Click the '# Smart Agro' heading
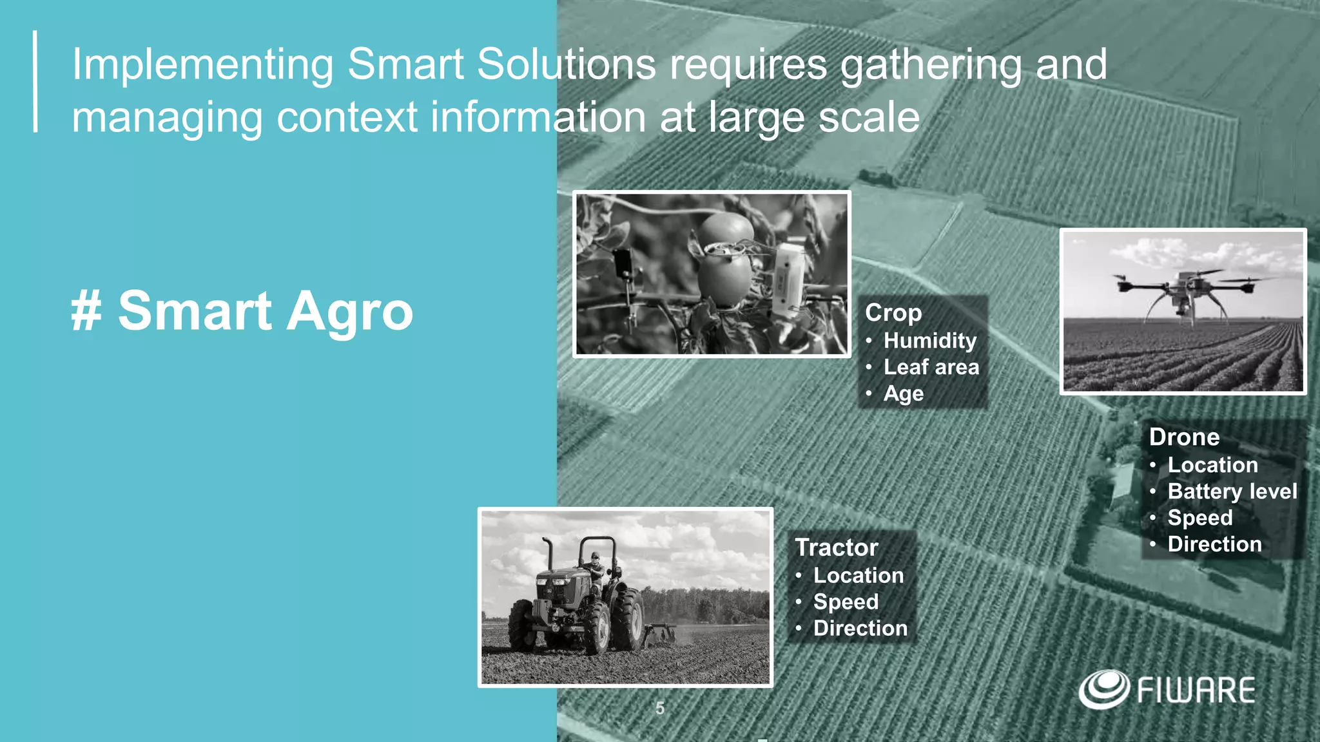(x=242, y=311)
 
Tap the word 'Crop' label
(x=893, y=312)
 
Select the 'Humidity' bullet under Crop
(x=929, y=340)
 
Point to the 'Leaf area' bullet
(x=931, y=367)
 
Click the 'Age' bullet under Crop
(x=903, y=394)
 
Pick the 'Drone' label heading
(x=1184, y=437)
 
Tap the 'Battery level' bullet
(x=1232, y=491)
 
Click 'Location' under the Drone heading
(x=1212, y=465)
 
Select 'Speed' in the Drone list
(x=1199, y=518)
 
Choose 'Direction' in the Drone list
(x=1214, y=544)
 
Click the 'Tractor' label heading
(x=837, y=547)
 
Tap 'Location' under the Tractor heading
(x=859, y=575)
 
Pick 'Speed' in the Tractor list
(x=846, y=602)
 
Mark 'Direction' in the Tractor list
(x=860, y=628)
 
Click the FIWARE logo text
(x=1196, y=690)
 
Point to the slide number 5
(x=660, y=709)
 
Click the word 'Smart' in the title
(x=405, y=64)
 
